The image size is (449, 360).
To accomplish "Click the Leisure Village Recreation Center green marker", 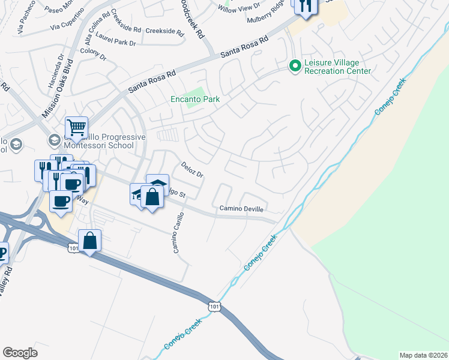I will click(x=294, y=65).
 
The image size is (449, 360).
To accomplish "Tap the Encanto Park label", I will click(x=195, y=100).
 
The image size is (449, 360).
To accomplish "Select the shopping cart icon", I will click(x=77, y=127).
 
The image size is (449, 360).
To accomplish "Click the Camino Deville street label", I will click(x=241, y=208).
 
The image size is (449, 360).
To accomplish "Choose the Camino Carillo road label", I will click(x=178, y=232).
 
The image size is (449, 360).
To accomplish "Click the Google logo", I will click(x=20, y=352).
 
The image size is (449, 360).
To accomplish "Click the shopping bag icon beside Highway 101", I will click(x=89, y=241).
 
